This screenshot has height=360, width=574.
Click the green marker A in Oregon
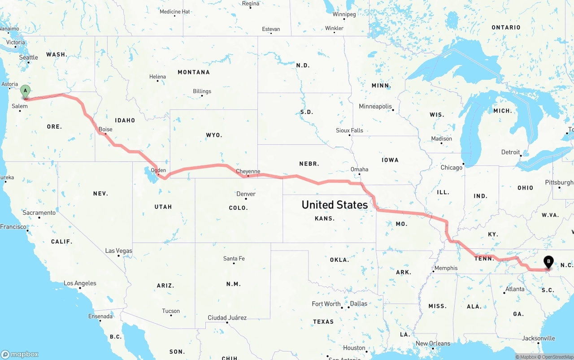tap(26, 91)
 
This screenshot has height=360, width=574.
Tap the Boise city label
tap(105, 130)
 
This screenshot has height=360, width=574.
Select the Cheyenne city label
tap(248, 171)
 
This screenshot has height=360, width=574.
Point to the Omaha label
tap(359, 169)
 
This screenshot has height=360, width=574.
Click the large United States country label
tap(335, 205)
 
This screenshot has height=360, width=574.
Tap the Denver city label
tap(246, 194)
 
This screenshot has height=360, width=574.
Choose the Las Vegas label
tap(118, 251)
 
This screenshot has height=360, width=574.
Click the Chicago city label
tap(451, 168)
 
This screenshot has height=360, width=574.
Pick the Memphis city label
tap(446, 268)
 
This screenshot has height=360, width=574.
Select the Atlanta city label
tap(515, 289)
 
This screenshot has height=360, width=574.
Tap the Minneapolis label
tap(375, 107)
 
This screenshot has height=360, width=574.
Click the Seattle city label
tap(29, 57)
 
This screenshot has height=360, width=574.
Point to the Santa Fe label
tap(234, 259)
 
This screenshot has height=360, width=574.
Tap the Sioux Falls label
tap(349, 130)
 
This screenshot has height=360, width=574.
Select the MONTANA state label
tap(194, 72)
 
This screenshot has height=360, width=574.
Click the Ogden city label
tap(158, 170)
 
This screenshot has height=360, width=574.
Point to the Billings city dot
tap(202, 96)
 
